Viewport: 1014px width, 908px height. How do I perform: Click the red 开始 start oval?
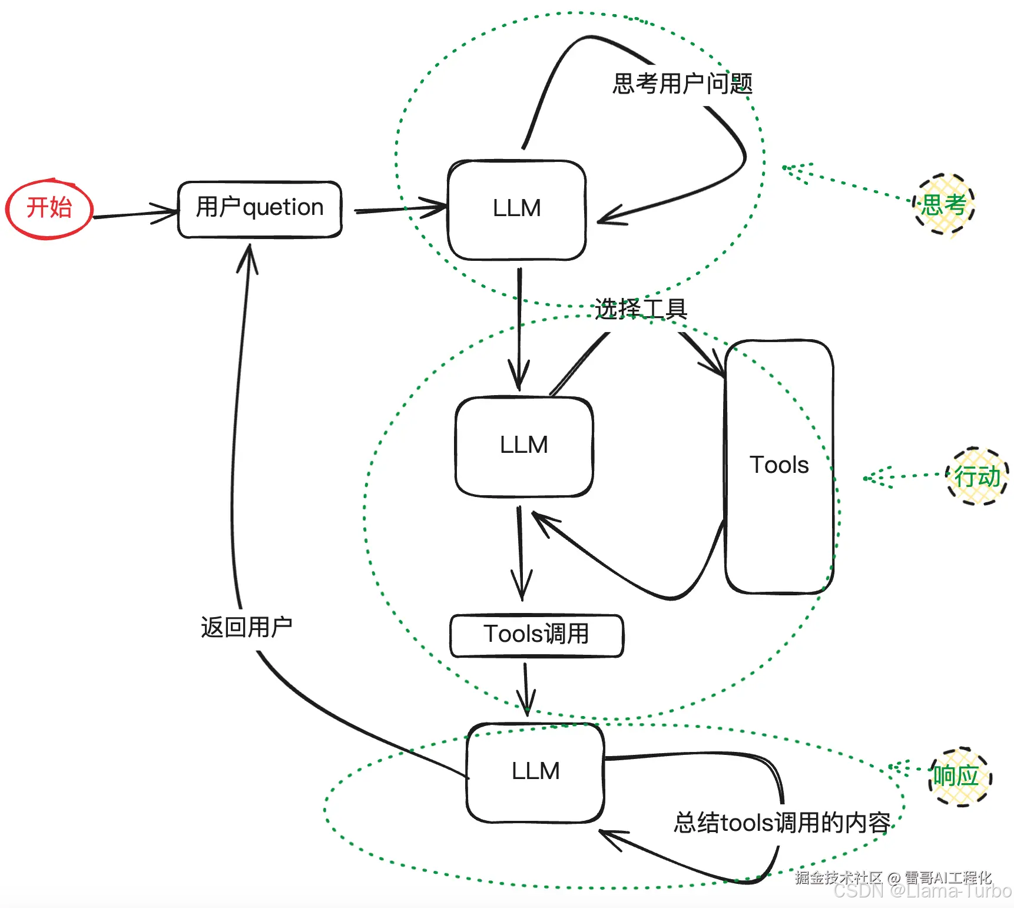[49, 209]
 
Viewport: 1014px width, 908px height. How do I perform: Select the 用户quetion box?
[260, 210]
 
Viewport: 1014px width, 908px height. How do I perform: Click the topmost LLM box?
[516, 210]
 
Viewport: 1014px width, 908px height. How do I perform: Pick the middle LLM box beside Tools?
[523, 446]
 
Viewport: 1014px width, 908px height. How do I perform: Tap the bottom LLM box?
[535, 772]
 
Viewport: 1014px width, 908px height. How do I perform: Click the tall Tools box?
[778, 466]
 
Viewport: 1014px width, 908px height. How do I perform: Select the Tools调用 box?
[536, 635]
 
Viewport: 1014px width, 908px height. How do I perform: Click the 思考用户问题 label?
[682, 84]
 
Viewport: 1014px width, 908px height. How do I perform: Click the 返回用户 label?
[246, 628]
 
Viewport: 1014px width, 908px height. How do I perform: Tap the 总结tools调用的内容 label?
[781, 823]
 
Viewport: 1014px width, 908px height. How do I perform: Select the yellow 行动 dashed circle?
[977, 476]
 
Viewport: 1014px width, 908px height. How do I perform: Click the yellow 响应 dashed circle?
[960, 776]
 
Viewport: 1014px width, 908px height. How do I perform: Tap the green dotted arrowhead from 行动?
[874, 478]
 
